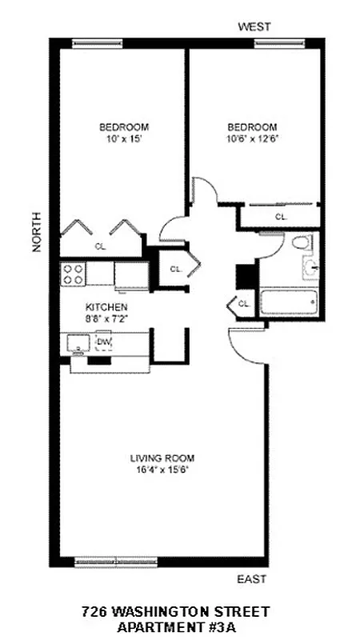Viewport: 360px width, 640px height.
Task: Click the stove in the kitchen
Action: (74, 274)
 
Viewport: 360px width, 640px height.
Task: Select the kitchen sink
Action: (78, 344)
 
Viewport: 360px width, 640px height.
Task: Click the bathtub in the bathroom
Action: (290, 303)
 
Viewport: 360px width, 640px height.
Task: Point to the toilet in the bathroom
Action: (301, 242)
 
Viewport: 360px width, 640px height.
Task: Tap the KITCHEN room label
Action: (106, 307)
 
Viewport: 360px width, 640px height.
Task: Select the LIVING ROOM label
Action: (162, 458)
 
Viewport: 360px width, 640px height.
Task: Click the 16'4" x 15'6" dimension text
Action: (162, 470)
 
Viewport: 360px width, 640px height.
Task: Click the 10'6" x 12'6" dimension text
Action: (252, 138)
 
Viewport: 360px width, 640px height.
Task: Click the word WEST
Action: (253, 27)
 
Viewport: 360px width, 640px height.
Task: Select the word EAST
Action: (251, 579)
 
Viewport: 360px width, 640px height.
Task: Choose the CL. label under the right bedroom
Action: (281, 217)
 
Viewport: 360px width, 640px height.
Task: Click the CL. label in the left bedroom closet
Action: (100, 246)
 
